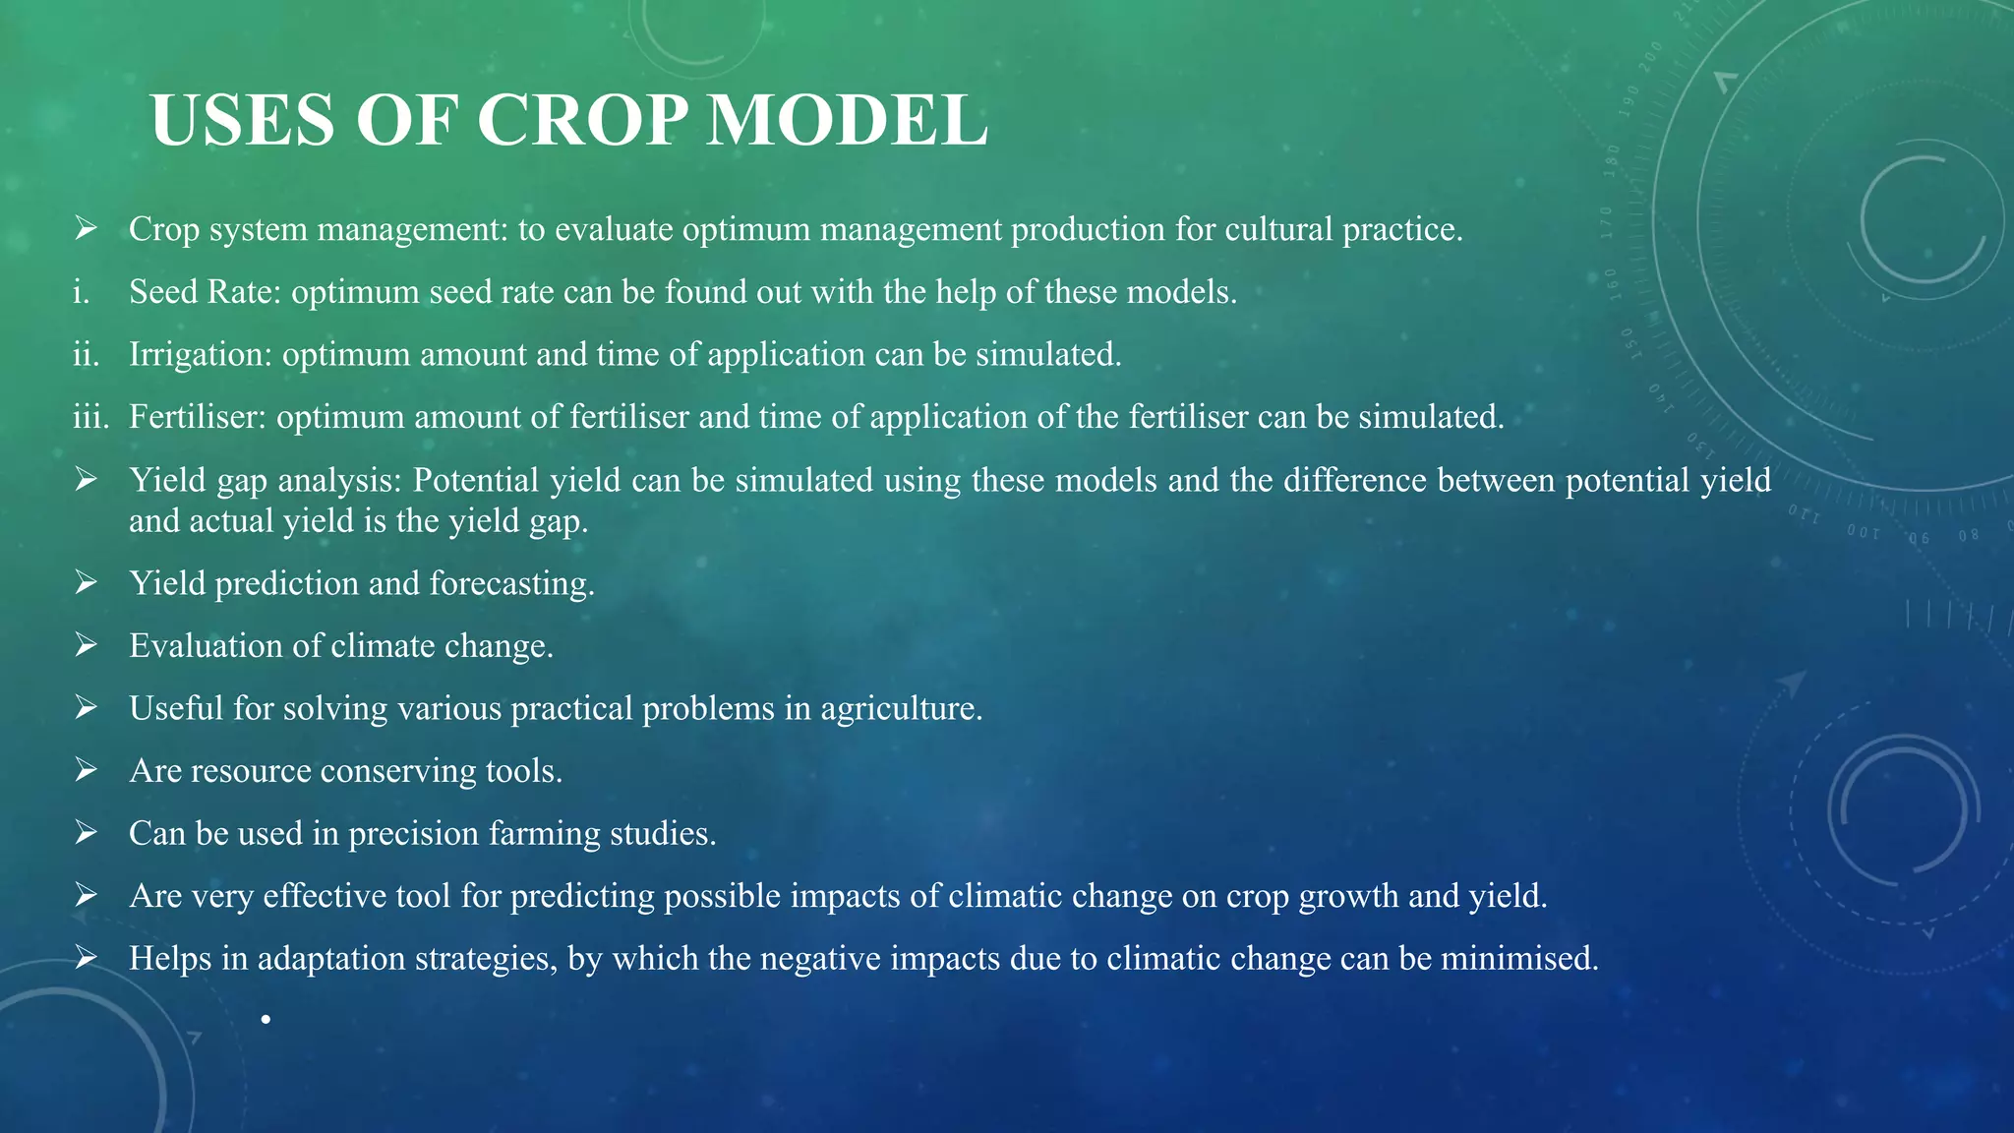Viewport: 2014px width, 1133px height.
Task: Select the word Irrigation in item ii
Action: pyautogui.click(x=201, y=355)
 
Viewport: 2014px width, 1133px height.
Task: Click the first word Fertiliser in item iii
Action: pyautogui.click(x=198, y=418)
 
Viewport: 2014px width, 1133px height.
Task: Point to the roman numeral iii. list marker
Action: pyautogui.click(x=90, y=418)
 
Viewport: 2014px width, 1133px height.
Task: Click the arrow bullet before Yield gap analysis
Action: pyautogui.click(x=86, y=480)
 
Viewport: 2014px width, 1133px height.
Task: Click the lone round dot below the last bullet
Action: pyautogui.click(x=266, y=1020)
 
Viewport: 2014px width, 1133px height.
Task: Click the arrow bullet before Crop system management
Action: pyautogui.click(x=86, y=229)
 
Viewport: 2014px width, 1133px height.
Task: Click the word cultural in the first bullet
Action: pyautogui.click(x=1277, y=230)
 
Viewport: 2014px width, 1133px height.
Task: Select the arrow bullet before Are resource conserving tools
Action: pyautogui.click(x=86, y=771)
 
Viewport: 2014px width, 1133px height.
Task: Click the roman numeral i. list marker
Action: pyautogui.click(x=82, y=292)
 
